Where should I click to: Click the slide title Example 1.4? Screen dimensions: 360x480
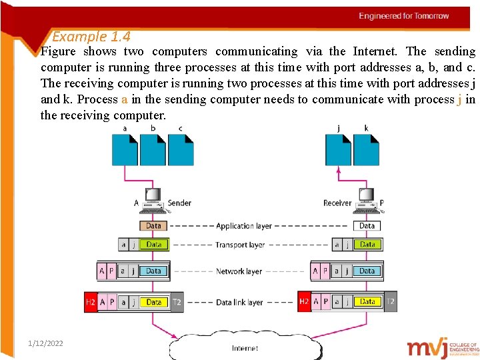pyautogui.click(x=91, y=37)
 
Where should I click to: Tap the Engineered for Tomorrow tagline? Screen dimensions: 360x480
pyautogui.click(x=404, y=15)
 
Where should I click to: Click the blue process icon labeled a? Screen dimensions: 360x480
pyautogui.click(x=125, y=149)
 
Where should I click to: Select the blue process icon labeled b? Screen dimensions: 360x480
pyautogui.click(x=153, y=149)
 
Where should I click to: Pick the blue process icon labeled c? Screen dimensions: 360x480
pyautogui.click(x=181, y=149)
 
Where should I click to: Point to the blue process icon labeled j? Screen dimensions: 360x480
pyautogui.click(x=338, y=149)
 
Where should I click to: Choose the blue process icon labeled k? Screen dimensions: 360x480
pyautogui.click(x=366, y=149)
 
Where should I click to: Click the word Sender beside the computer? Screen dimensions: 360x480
pyautogui.click(x=179, y=203)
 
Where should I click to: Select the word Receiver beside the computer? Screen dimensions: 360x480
pyautogui.click(x=337, y=203)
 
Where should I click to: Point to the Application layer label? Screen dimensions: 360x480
pyautogui.click(x=244, y=226)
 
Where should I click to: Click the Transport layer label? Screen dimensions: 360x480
pyautogui.click(x=240, y=245)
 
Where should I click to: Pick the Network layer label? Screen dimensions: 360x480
pyautogui.click(x=239, y=271)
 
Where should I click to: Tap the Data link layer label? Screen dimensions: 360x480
pyautogui.click(x=239, y=302)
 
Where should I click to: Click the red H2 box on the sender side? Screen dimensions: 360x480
pyautogui.click(x=91, y=302)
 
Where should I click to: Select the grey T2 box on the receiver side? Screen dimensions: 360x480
pyautogui.click(x=391, y=302)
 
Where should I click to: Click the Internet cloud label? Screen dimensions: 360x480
pyautogui.click(x=245, y=348)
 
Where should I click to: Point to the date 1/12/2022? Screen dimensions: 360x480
pyautogui.click(x=46, y=343)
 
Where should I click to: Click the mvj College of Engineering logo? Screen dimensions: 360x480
pyautogui.click(x=443, y=347)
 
